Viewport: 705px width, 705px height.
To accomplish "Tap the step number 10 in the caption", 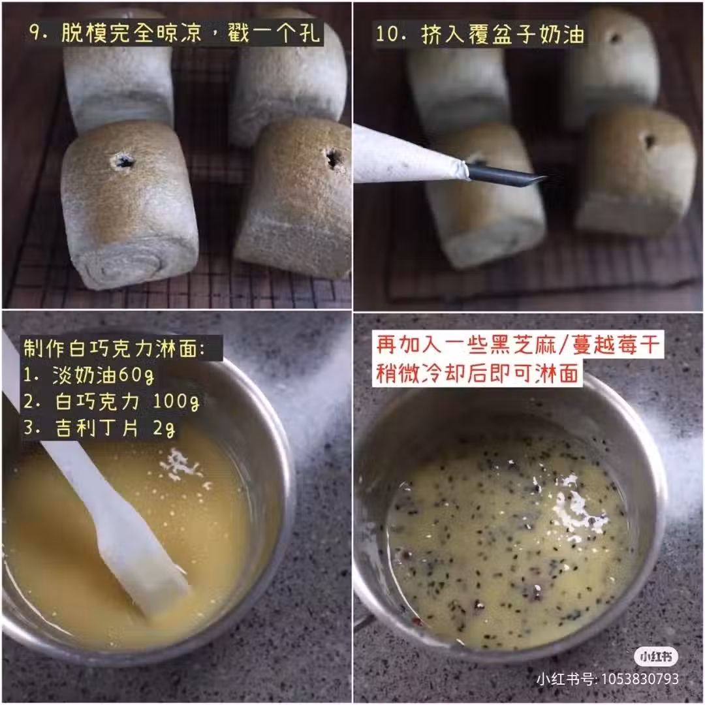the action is coord(387,34).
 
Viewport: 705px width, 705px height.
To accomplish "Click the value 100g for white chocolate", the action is coord(176,401).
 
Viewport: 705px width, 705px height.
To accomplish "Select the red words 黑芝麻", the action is coord(522,345).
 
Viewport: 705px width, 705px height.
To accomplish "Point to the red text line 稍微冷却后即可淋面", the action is coord(477,373).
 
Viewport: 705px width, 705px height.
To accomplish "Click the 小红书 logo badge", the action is coord(656,657).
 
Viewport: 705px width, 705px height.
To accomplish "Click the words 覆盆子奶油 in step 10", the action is coord(526,35).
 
